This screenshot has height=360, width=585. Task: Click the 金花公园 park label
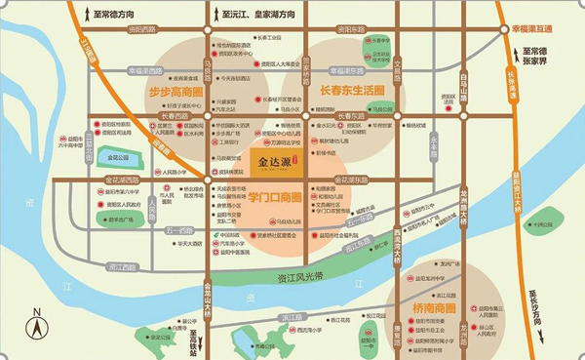[x=117, y=156]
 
